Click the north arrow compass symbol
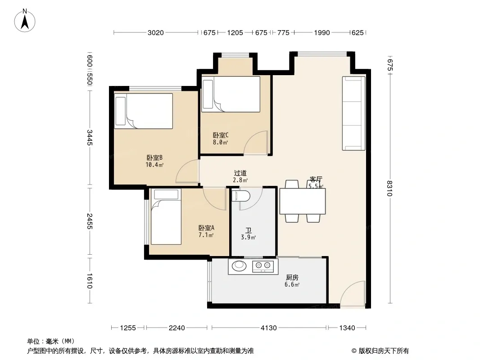[25, 21]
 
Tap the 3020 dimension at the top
[155, 33]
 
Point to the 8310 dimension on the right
[389, 188]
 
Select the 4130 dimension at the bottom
[268, 328]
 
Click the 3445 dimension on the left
[90, 138]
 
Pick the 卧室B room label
[154, 158]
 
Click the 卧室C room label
[220, 135]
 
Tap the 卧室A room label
[206, 228]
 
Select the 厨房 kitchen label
[292, 277]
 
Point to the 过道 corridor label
[240, 173]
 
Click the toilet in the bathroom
[240, 196]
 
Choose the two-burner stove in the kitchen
[263, 266]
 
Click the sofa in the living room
[353, 113]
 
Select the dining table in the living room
[303, 201]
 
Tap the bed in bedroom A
[166, 217]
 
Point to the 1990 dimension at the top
[322, 33]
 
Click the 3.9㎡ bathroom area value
[248, 237]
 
